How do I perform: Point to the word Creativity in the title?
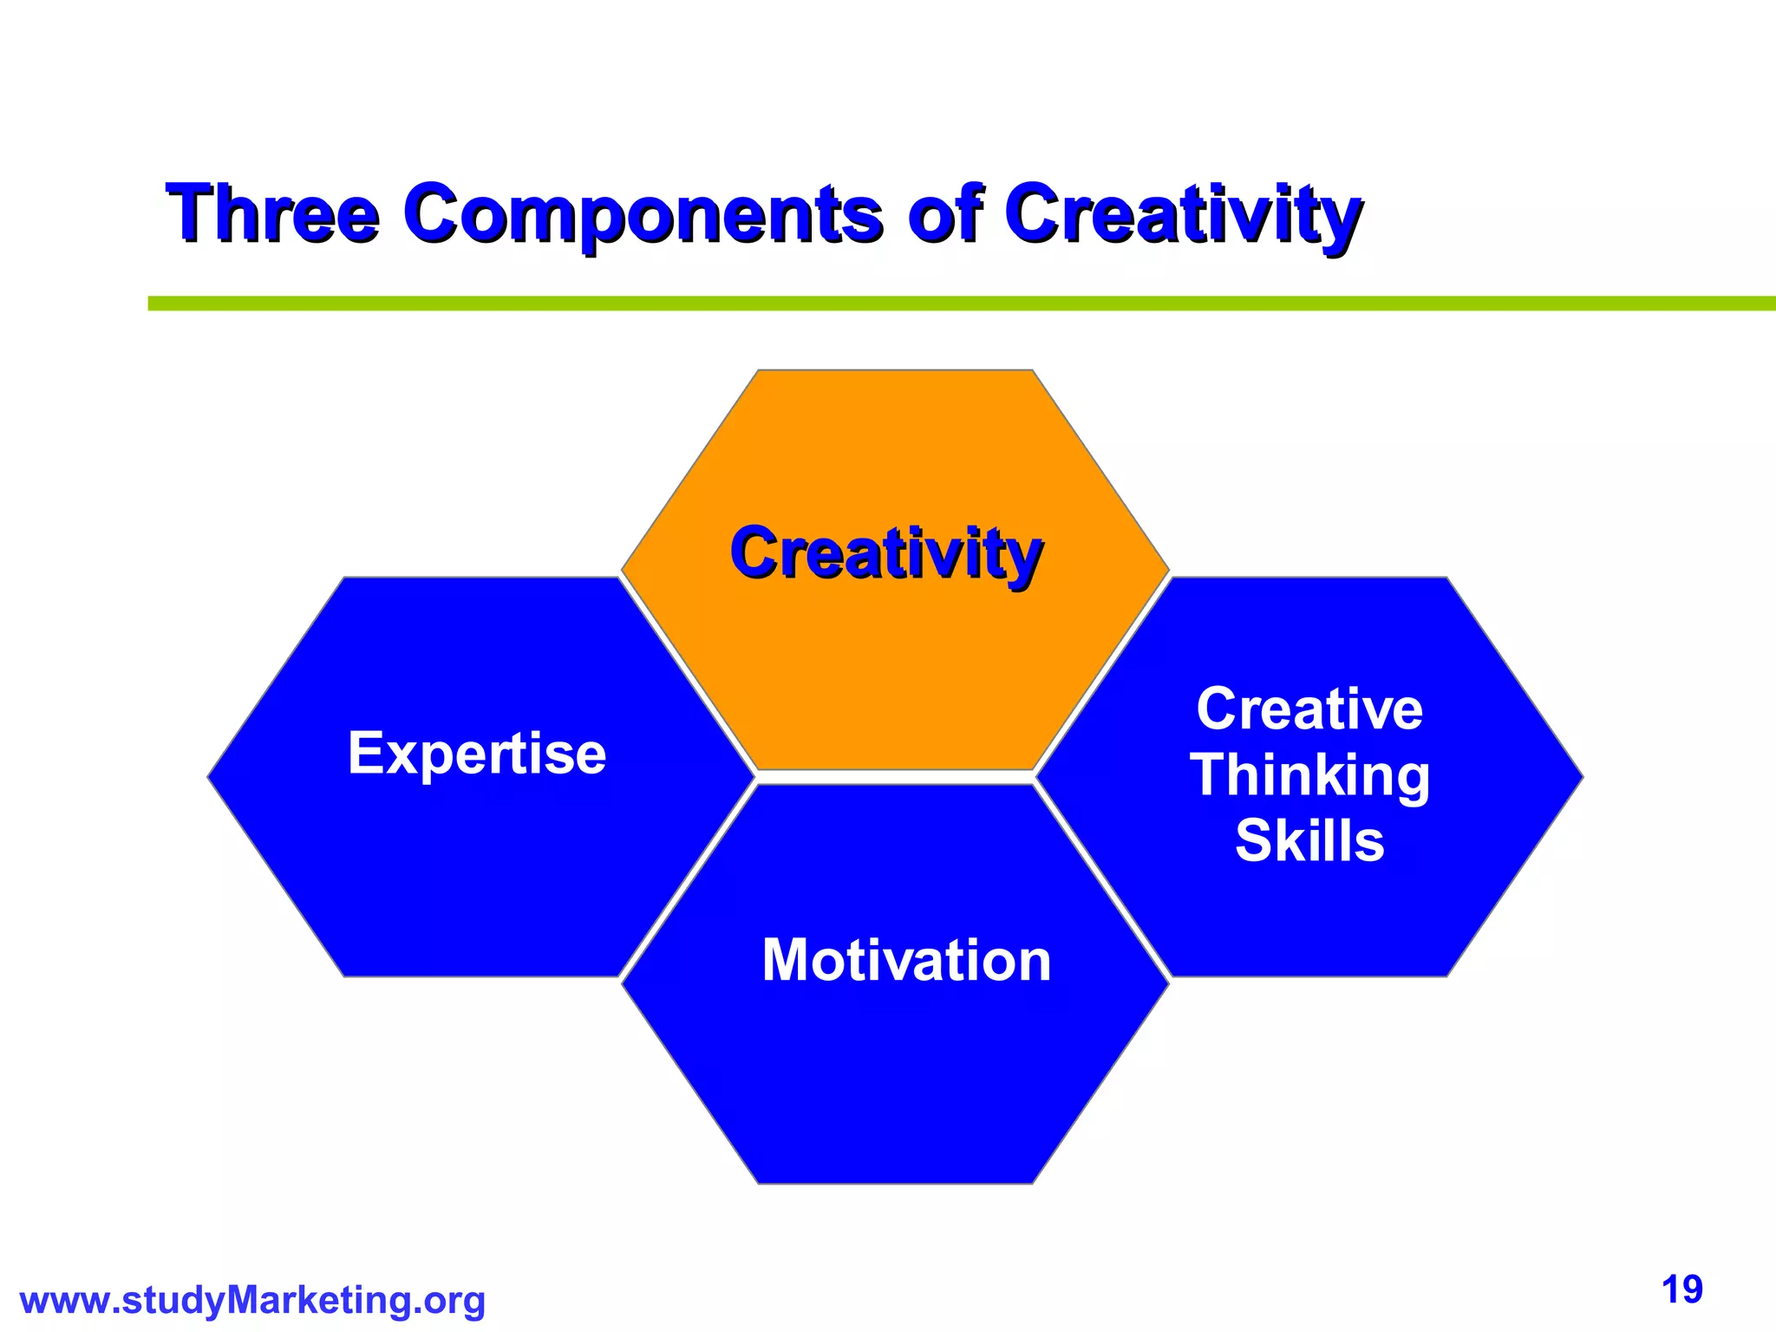pos(1183,214)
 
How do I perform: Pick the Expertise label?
pos(477,753)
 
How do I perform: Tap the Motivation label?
pos(906,961)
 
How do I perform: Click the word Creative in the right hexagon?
pos(1309,708)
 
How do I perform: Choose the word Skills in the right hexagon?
pos(1309,840)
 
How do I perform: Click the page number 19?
pos(1682,1290)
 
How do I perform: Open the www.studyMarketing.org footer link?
pos(252,1301)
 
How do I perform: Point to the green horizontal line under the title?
pos(954,304)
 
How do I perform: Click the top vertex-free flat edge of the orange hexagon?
pos(895,371)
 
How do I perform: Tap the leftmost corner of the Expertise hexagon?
pos(209,777)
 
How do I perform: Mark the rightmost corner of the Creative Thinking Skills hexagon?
pos(1582,777)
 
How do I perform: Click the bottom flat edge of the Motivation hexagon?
pos(895,1183)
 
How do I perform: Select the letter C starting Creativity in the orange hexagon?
pos(754,553)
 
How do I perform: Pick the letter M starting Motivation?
pos(786,961)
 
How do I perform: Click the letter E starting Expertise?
pos(364,753)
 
